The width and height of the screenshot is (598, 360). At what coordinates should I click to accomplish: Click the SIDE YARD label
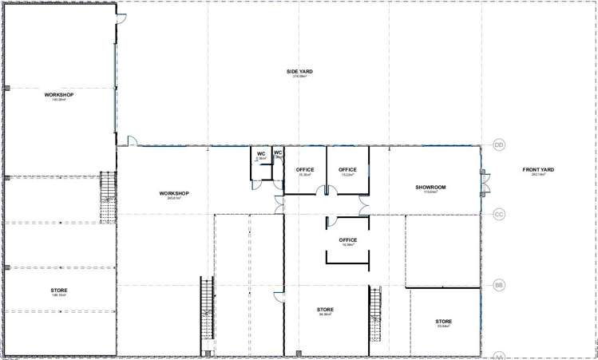[299, 72]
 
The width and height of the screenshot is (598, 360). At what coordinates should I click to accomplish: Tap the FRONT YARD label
[538, 169]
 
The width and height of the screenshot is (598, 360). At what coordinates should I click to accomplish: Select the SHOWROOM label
[430, 188]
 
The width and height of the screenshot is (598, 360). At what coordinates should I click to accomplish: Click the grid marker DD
[500, 145]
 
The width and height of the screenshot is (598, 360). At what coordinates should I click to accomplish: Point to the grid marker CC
[500, 214]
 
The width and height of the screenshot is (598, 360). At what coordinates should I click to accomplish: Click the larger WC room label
[260, 153]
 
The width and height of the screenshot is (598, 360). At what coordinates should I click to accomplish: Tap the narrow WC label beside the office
[278, 152]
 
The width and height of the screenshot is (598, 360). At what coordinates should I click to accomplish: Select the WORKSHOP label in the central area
[173, 193]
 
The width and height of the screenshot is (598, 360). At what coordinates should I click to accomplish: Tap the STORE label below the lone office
[325, 310]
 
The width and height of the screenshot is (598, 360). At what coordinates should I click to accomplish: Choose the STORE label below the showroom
[444, 321]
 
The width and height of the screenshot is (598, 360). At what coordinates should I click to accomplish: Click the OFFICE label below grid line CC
[347, 239]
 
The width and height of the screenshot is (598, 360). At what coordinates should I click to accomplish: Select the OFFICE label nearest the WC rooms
[304, 169]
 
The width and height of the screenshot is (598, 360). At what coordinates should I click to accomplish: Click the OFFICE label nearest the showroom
[347, 169]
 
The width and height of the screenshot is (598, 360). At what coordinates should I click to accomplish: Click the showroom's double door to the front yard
[483, 182]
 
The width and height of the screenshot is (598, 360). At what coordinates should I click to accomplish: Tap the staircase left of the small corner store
[374, 314]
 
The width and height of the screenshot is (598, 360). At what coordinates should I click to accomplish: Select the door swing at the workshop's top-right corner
[121, 21]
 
